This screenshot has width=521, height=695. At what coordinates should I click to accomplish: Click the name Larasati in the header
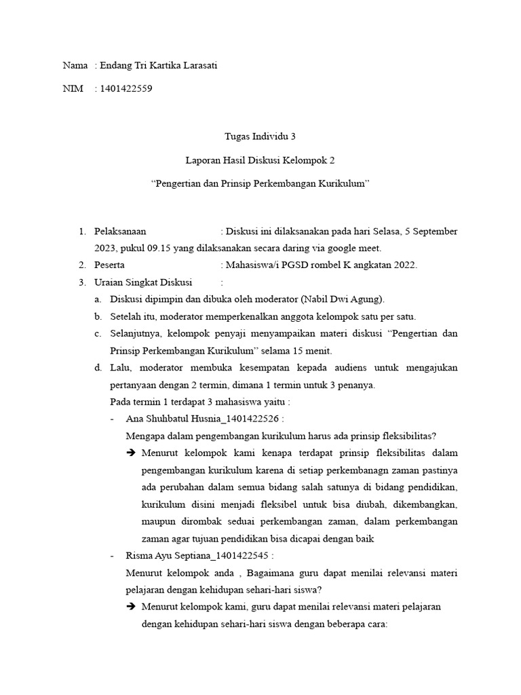coord(197,66)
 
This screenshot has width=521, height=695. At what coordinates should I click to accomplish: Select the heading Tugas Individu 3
coord(260,136)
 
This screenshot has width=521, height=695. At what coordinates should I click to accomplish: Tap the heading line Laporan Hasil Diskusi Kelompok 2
coord(260,161)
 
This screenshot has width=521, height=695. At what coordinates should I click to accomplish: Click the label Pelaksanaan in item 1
coord(121,232)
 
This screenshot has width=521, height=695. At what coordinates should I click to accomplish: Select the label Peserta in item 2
coord(109,265)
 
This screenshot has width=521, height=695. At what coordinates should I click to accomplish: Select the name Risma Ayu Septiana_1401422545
coord(201,556)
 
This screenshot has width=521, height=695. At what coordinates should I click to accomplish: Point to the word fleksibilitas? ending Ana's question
coord(409,436)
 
